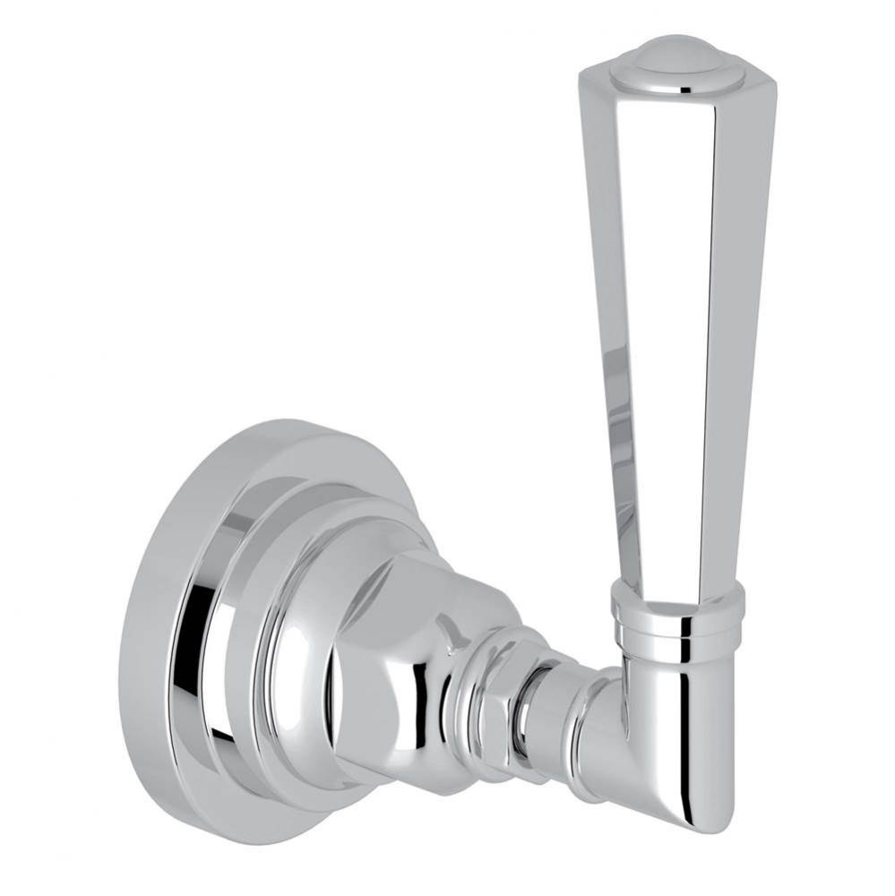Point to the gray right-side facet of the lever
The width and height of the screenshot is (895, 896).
735,340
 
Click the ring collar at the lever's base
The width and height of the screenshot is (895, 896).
676,618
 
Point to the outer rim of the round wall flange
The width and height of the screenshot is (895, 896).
157,627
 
